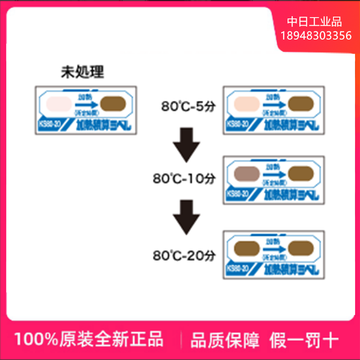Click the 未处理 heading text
coord(82,72)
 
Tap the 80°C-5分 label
coord(189,107)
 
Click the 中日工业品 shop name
coord(315,22)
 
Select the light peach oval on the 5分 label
coord(245,105)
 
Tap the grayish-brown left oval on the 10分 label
coord(245,173)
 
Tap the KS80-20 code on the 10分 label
coord(237,194)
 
